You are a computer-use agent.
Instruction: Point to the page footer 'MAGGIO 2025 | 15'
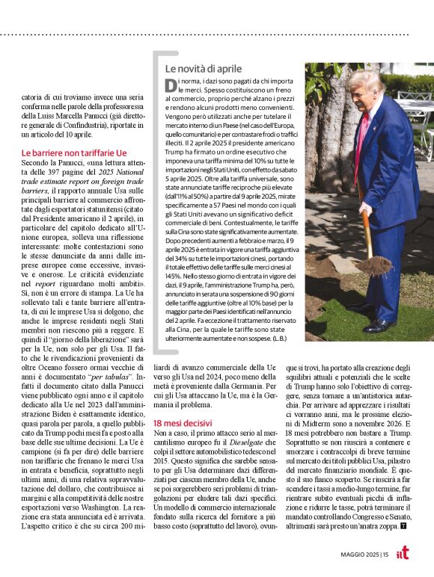[x=367, y=554]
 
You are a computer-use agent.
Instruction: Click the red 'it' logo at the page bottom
[x=402, y=552]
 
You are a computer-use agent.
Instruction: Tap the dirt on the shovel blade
[x=373, y=265]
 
